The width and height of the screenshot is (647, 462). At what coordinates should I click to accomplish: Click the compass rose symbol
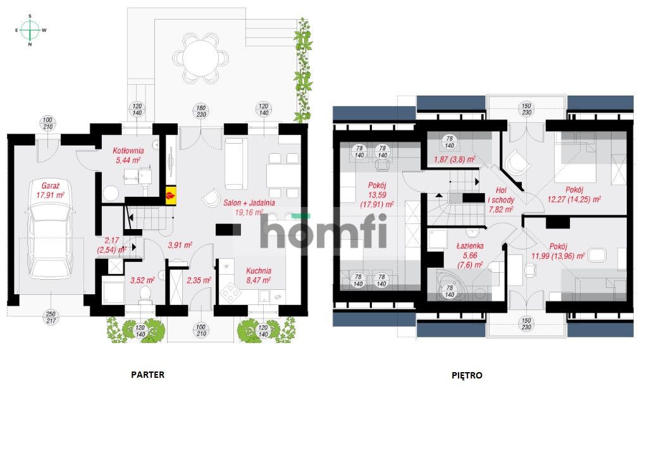coord(29,29)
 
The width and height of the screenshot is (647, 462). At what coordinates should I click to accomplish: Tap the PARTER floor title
coord(147,375)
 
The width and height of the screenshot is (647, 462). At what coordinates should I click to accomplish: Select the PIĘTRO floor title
coord(467,375)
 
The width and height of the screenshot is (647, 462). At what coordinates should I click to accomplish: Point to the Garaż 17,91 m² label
coord(51,191)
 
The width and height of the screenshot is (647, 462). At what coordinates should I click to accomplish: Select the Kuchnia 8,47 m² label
coord(258,275)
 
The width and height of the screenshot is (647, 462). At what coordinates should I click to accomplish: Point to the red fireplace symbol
coord(170,196)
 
